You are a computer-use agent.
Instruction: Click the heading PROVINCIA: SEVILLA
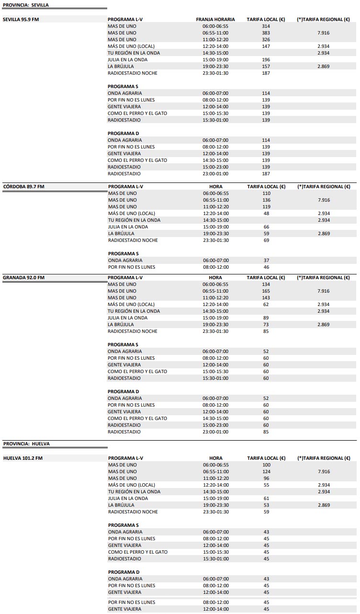pyautogui.click(x=26, y=5)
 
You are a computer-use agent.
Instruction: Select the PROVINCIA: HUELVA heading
pyautogui.click(x=26, y=444)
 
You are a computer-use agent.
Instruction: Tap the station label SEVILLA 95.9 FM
pyautogui.click(x=21, y=20)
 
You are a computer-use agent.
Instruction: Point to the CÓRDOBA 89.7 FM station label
pyautogui.click(x=24, y=187)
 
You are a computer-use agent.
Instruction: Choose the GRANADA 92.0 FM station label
pyautogui.click(x=24, y=278)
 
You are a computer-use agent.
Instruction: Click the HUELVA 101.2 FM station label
pyautogui.click(x=23, y=458)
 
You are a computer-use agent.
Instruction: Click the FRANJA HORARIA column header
pyautogui.click(x=215, y=20)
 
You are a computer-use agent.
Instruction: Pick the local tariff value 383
pyautogui.click(x=266, y=33)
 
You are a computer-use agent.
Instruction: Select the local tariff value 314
pyautogui.click(x=266, y=26)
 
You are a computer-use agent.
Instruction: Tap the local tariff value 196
pyautogui.click(x=266, y=60)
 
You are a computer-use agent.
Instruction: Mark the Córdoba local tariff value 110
pyautogui.click(x=266, y=193)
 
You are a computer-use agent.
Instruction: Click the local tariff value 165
pyautogui.click(x=266, y=291)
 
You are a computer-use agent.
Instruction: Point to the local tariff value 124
pyautogui.click(x=266, y=472)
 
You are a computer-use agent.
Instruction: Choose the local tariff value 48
pyautogui.click(x=266, y=214)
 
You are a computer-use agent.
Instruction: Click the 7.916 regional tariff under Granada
pyautogui.click(x=324, y=291)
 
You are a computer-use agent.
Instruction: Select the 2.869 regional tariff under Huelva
pyautogui.click(x=324, y=505)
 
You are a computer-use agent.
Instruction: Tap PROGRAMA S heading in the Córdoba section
pyautogui.click(x=123, y=254)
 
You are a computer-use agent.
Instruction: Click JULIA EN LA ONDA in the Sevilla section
pyautogui.click(x=127, y=60)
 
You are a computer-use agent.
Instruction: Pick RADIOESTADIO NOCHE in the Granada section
pyautogui.click(x=133, y=331)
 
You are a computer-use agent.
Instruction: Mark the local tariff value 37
pyautogui.click(x=266, y=261)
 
